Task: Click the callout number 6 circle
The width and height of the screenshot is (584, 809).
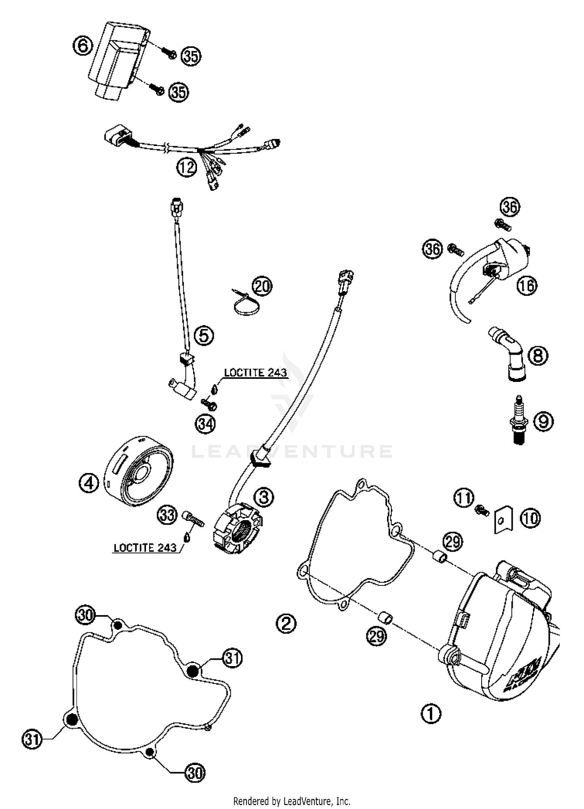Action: pos(83,47)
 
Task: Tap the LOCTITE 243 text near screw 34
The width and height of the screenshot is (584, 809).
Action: pos(255,373)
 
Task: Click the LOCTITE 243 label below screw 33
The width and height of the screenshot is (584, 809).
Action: pos(145,548)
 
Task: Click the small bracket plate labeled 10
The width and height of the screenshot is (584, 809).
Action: pos(503,520)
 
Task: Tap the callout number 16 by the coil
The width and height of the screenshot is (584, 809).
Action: pos(526,286)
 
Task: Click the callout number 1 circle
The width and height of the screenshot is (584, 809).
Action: pos(431,714)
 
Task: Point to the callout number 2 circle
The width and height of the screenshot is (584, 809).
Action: pos(286,623)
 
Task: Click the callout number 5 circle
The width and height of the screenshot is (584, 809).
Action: pos(204,335)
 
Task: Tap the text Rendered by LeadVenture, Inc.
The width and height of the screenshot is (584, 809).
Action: pos(292,801)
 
